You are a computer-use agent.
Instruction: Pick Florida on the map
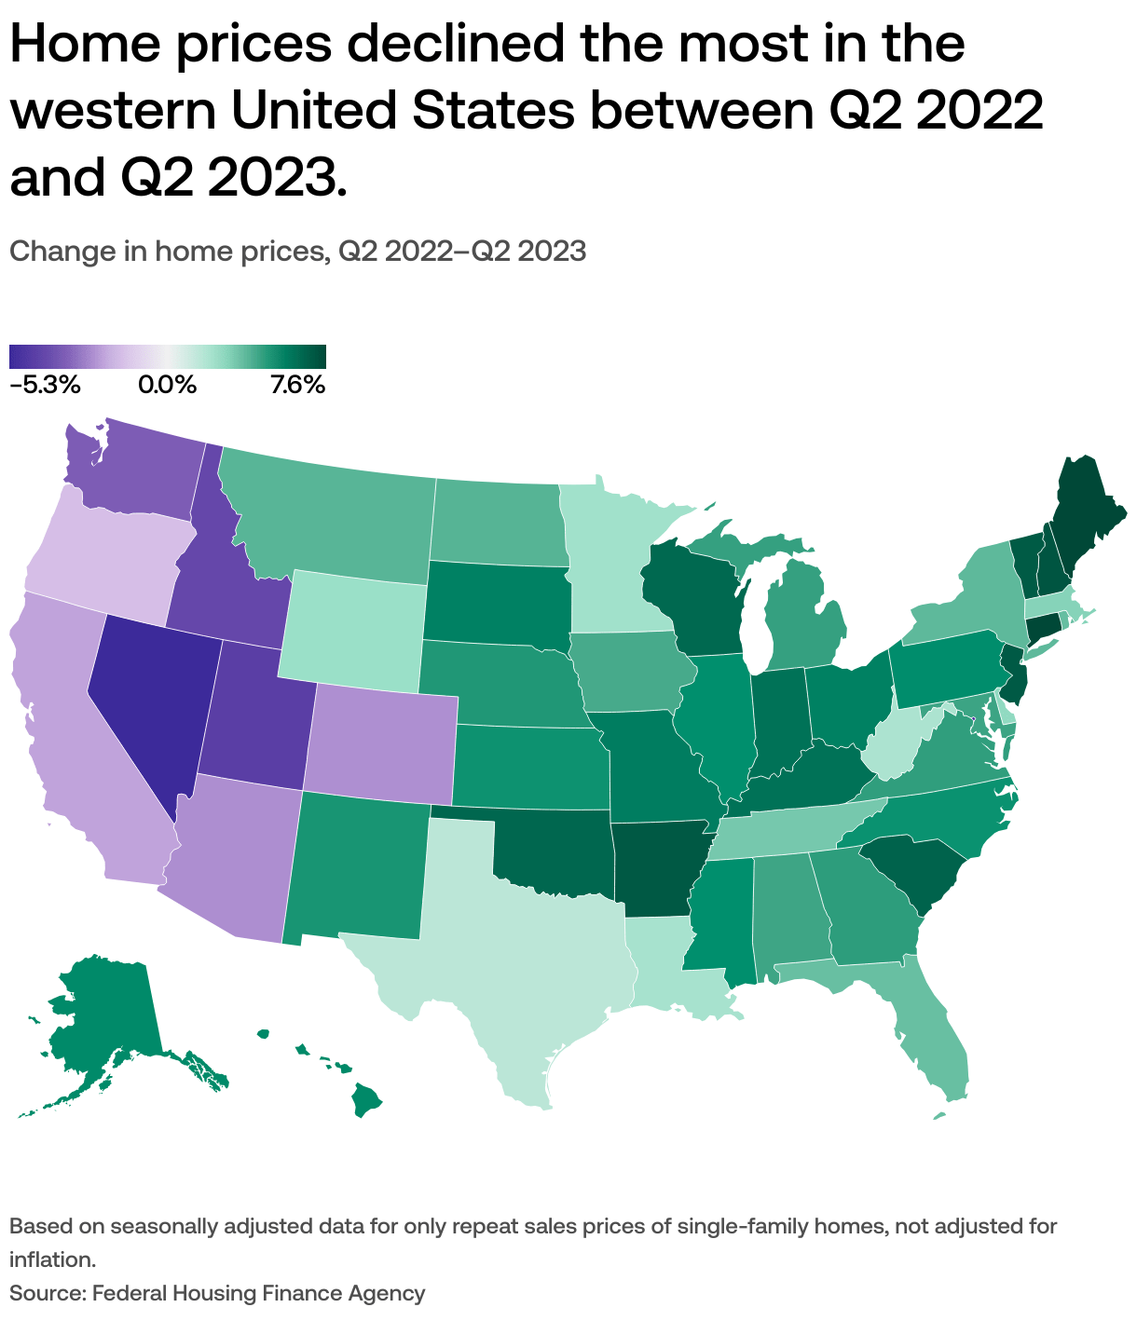(932, 1034)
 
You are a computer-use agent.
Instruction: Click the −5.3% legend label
(45, 385)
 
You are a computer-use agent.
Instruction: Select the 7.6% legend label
(297, 385)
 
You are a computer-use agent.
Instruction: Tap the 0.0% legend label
(168, 385)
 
